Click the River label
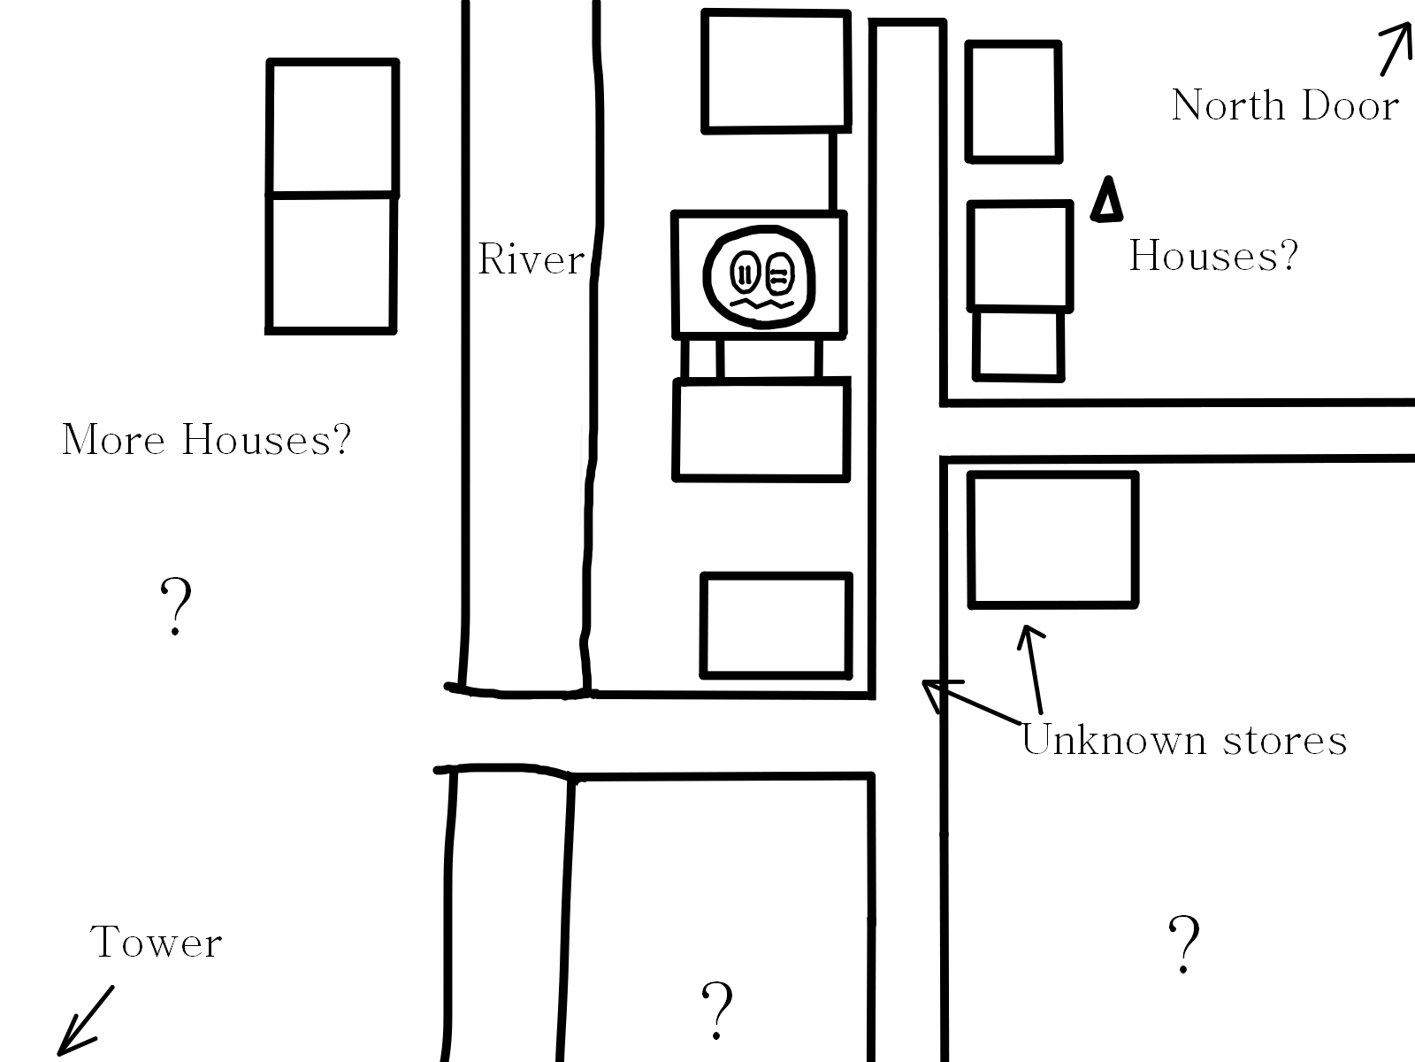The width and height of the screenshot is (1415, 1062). [x=531, y=259]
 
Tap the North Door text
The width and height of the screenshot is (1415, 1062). [x=1284, y=106]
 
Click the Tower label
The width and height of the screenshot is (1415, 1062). [x=156, y=943]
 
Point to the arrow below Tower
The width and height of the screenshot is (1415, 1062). [x=85, y=1021]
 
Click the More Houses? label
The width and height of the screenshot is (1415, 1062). [x=206, y=440]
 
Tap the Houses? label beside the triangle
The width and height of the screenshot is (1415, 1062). [x=1213, y=257]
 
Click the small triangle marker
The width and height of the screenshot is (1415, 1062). [x=1106, y=200]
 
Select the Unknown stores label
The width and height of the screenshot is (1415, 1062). [x=1184, y=740]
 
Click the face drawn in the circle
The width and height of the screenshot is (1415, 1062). [x=758, y=276]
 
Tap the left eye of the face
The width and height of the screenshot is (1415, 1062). [x=745, y=272]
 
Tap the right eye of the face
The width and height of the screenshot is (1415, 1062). [x=777, y=272]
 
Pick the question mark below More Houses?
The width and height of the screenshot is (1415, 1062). [x=176, y=606]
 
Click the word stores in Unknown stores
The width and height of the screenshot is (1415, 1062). [x=1284, y=741]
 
